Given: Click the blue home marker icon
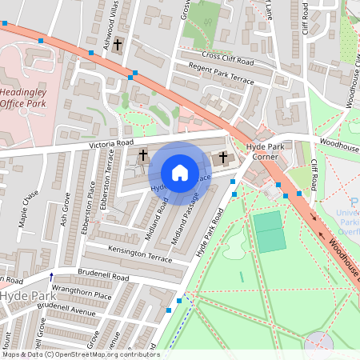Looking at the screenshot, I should point(180,173).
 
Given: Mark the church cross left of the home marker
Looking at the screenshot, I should point(144,154).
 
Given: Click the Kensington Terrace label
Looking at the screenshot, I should point(143,255).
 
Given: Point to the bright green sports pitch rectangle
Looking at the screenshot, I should point(270,231).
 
